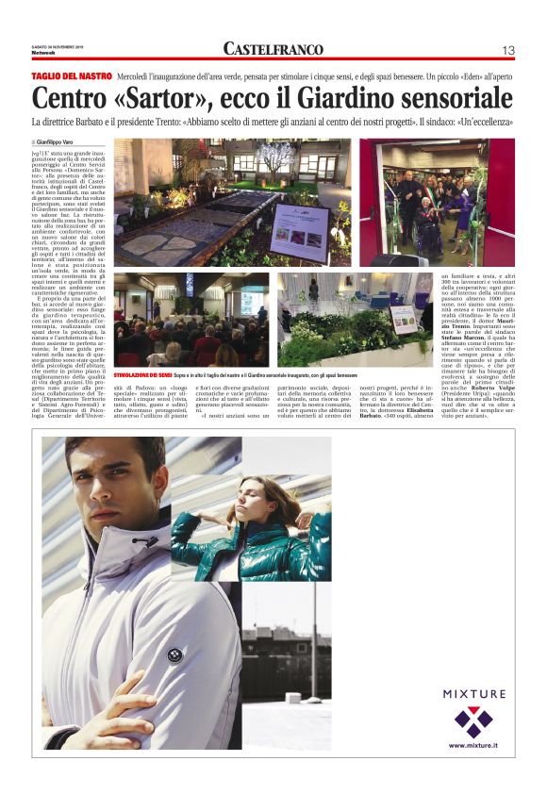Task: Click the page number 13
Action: pos(508,50)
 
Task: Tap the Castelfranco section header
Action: pos(273,49)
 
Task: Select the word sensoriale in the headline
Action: pos(450,97)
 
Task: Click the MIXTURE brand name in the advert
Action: pos(473,694)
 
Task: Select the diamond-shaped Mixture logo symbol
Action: pos(473,721)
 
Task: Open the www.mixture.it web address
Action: pos(473,745)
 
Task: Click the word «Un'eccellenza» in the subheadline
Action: pos(490,122)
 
